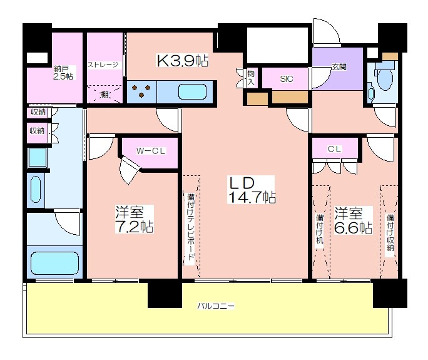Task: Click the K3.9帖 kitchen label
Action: (x=182, y=61)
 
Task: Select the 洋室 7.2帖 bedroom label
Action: (x=134, y=219)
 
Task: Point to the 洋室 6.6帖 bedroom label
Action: (x=353, y=221)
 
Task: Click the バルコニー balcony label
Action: (x=216, y=306)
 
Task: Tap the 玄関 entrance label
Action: (x=339, y=67)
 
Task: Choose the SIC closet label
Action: (x=287, y=79)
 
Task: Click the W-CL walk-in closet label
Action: (x=151, y=151)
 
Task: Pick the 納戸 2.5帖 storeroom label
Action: (x=63, y=73)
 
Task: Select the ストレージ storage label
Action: (x=103, y=64)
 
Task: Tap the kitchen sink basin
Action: (x=192, y=91)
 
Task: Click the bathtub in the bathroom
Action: (x=55, y=263)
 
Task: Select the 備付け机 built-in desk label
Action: (x=320, y=229)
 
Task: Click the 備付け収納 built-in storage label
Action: (x=390, y=232)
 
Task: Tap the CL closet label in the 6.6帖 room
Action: (x=334, y=149)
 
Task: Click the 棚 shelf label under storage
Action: (x=104, y=95)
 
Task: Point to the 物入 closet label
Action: (x=250, y=78)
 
